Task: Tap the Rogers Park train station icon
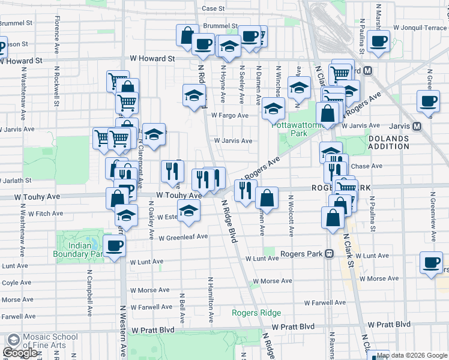(x=330, y=253)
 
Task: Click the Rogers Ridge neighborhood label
(x=256, y=313)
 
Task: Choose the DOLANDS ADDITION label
(x=388, y=142)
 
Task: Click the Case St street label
(x=213, y=8)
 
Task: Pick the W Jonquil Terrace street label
(x=420, y=28)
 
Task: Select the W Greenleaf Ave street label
(x=183, y=237)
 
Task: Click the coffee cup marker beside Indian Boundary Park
(x=114, y=245)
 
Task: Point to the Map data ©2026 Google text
(x=412, y=355)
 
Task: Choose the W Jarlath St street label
(x=16, y=179)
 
